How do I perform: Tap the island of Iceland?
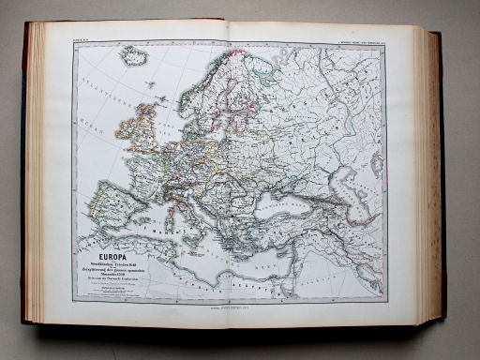tap(135, 57)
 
